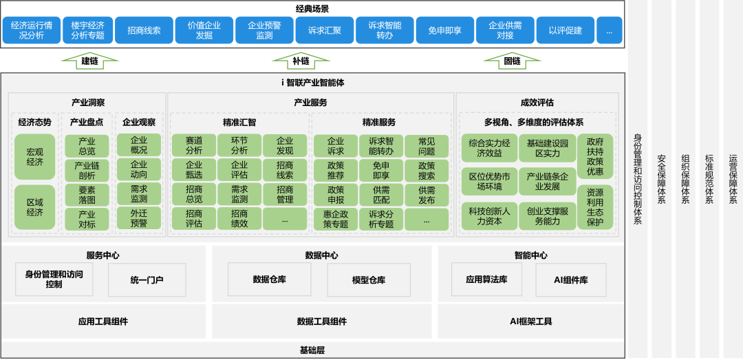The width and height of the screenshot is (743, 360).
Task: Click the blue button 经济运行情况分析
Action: (31, 30)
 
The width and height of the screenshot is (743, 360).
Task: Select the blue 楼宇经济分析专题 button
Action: (87, 30)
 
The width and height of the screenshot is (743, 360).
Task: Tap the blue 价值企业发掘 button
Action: (204, 30)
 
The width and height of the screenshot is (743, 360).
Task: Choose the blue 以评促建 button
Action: (565, 30)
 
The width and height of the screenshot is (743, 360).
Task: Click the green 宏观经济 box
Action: (34, 157)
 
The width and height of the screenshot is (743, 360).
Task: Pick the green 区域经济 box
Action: (34, 207)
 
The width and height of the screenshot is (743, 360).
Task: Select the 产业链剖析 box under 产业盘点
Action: (87, 171)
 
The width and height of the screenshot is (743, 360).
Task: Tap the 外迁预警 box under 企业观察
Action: (138, 218)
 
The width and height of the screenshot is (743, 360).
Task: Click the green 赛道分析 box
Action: (193, 145)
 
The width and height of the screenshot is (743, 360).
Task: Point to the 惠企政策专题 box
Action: (335, 219)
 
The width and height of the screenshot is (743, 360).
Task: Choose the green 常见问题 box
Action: (426, 146)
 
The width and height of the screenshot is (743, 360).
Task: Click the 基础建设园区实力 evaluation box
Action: (547, 148)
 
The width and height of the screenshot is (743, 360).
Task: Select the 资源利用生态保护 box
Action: (595, 207)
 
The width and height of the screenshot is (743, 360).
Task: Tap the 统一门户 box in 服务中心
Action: (147, 280)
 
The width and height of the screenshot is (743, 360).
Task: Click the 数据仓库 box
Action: (269, 279)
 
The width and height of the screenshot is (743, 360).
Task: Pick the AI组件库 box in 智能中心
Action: (570, 280)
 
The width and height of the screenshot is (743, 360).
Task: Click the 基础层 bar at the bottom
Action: (312, 350)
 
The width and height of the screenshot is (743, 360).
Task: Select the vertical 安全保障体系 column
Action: (661, 179)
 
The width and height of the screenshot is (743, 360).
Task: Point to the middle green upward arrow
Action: (301, 61)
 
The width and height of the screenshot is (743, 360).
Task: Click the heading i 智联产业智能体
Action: (312, 82)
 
